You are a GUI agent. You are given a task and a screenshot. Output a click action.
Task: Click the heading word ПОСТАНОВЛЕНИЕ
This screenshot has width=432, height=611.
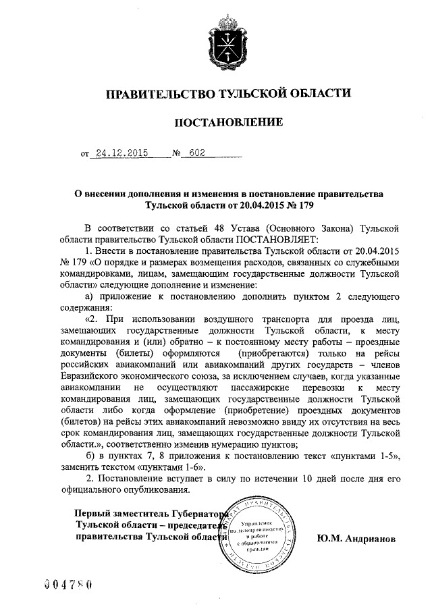click(228, 122)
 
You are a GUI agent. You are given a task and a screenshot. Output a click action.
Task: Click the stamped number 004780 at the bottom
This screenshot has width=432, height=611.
click(67, 583)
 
